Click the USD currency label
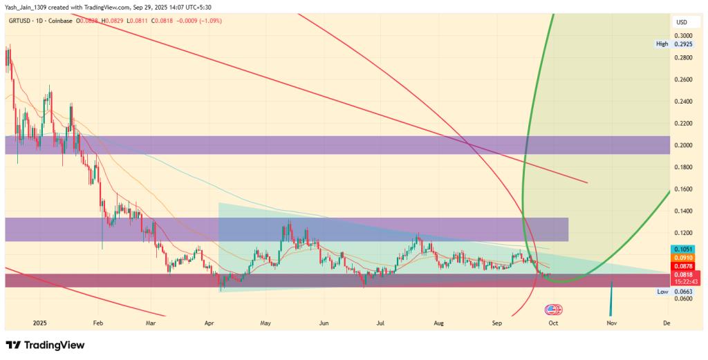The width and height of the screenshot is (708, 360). pyautogui.click(x=682, y=22)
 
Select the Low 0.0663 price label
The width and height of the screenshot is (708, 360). pyautogui.click(x=671, y=292)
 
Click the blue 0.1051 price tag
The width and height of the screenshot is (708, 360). pyautogui.click(x=684, y=249)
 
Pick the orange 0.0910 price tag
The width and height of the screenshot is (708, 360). pyautogui.click(x=684, y=258)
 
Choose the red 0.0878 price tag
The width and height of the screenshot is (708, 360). pyautogui.click(x=684, y=266)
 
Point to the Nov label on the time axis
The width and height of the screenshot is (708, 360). pyautogui.click(x=611, y=322)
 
